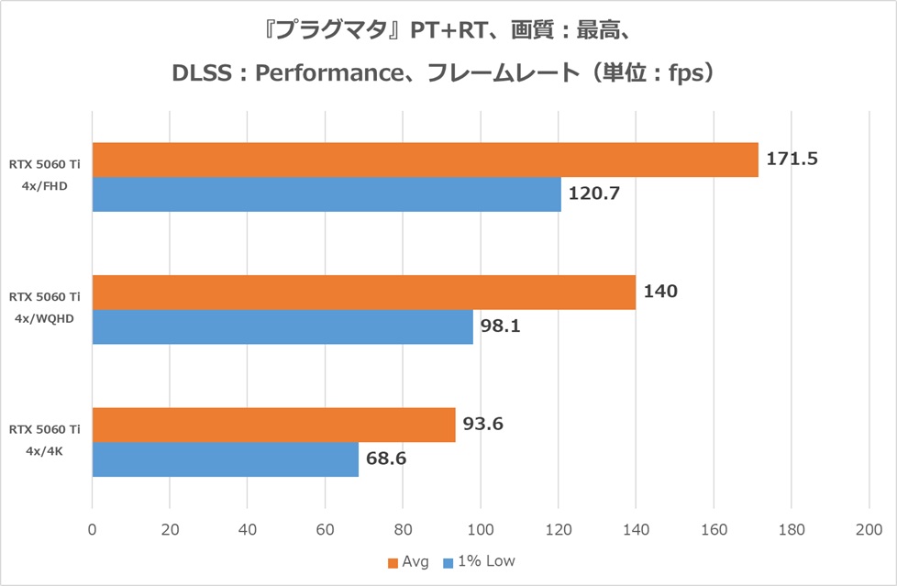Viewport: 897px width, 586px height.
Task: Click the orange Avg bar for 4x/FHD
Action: (425, 160)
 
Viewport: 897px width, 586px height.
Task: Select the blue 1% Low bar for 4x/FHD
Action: (327, 194)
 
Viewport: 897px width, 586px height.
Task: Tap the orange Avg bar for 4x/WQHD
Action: (363, 292)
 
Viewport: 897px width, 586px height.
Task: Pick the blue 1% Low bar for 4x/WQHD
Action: (282, 326)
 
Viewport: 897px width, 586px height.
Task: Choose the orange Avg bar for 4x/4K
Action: (273, 425)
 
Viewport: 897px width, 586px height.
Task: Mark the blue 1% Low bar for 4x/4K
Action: (225, 459)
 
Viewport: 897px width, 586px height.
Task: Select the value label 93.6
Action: (482, 424)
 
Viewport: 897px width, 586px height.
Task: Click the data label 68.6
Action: (385, 459)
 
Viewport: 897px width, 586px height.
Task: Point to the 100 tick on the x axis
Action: (481, 529)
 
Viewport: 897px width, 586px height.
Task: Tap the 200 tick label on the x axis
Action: (869, 529)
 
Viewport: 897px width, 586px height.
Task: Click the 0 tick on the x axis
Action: (92, 529)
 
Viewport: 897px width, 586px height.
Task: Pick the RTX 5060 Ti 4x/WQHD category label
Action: (45, 309)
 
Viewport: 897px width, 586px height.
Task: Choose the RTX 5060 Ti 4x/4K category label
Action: (45, 441)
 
